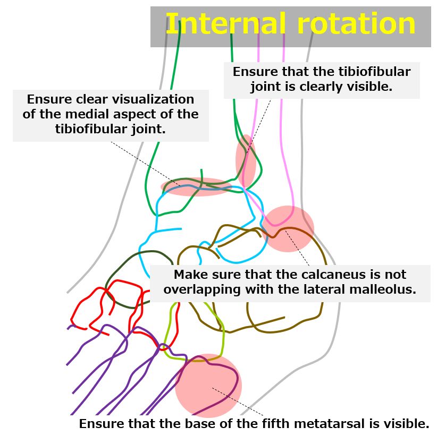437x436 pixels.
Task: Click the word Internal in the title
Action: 226,23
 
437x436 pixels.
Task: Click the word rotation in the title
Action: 356,24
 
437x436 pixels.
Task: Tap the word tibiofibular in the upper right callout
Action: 374,72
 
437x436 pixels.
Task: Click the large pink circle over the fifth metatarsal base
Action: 208,386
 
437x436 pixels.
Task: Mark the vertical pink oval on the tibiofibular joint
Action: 246,161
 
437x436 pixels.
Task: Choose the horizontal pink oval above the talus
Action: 197,187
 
